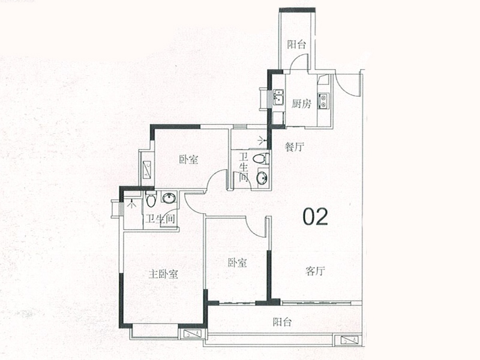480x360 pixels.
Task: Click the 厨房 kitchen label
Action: tap(302, 103)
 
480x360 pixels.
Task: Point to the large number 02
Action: tap(316, 217)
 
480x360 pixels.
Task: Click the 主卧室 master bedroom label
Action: tap(163, 274)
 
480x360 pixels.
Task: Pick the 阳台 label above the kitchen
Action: tap(296, 44)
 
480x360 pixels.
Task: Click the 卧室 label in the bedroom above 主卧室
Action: tap(188, 160)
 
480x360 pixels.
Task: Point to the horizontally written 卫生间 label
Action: tap(159, 220)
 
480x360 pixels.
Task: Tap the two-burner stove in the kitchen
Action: tap(324, 101)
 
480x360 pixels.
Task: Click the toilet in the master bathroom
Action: tap(151, 200)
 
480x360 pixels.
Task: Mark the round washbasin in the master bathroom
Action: tap(169, 199)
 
